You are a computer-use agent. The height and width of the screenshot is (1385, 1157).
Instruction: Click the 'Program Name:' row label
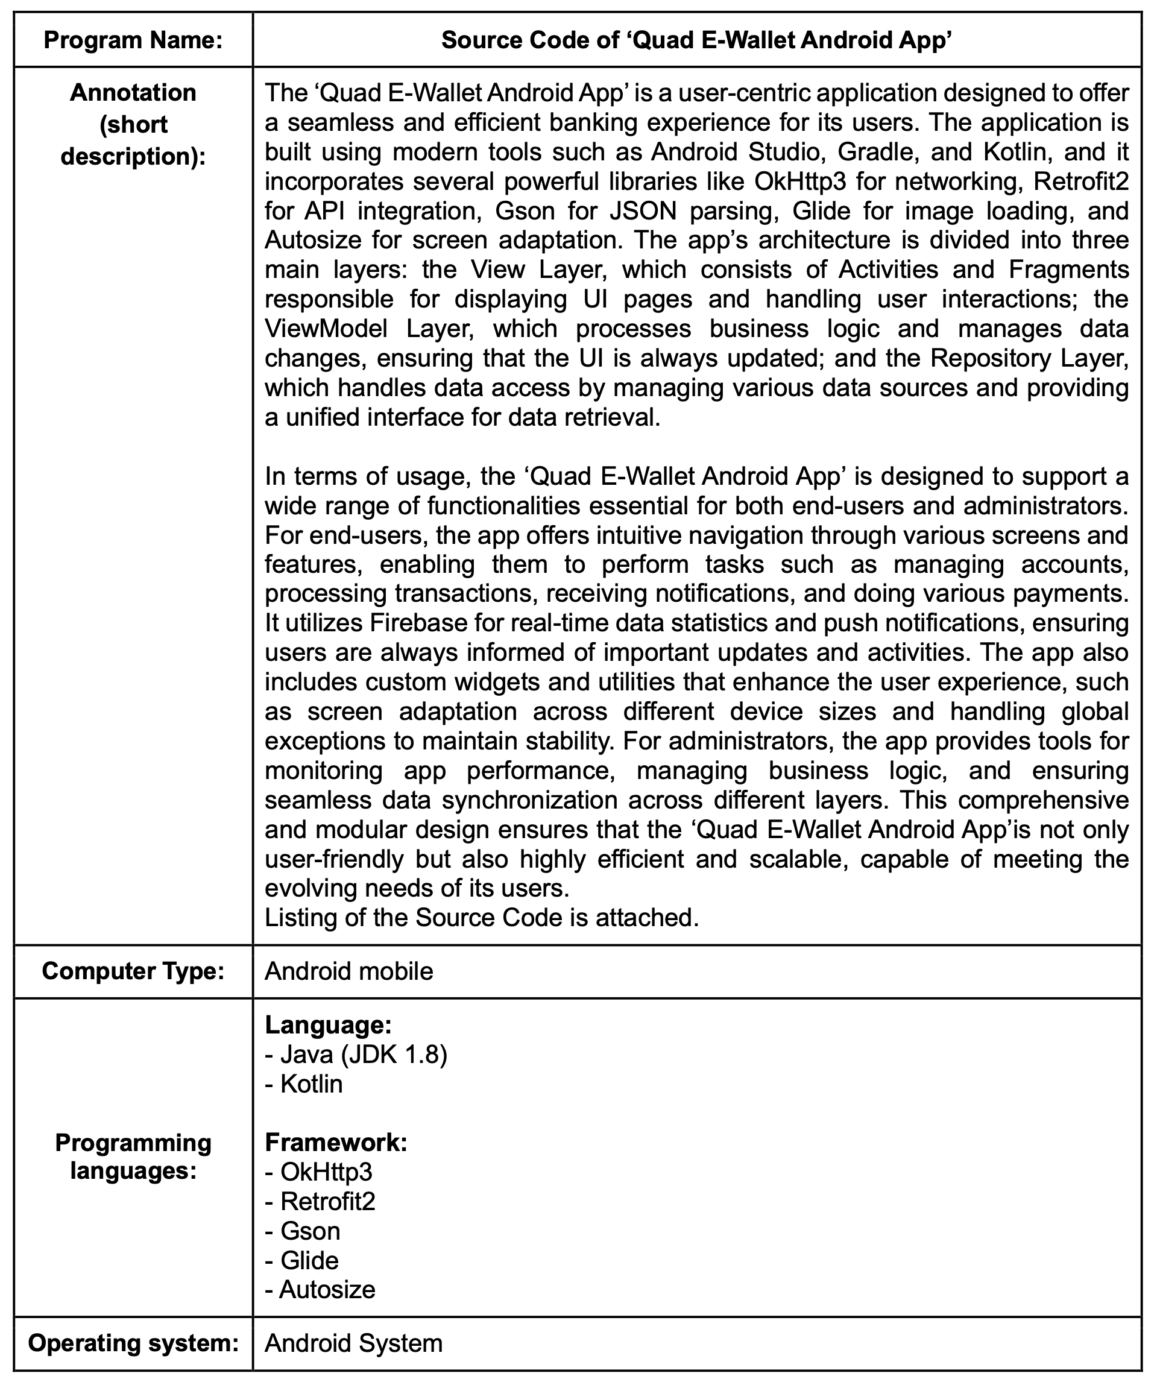click(x=133, y=40)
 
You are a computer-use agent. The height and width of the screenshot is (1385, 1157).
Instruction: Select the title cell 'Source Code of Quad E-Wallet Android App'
click(x=696, y=40)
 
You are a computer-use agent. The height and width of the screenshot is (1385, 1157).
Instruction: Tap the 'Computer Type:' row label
click(x=133, y=971)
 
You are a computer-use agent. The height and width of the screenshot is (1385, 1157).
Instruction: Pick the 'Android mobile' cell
click(x=349, y=971)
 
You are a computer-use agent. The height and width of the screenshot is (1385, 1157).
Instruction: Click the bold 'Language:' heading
click(x=329, y=1025)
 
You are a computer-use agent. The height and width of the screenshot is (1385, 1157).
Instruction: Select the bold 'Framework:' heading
click(x=336, y=1142)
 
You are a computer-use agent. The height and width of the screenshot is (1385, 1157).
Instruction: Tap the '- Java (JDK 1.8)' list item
click(x=356, y=1055)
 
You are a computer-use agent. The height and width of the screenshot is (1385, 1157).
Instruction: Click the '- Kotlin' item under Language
click(x=304, y=1084)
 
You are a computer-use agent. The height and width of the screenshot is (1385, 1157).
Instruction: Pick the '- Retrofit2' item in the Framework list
click(x=320, y=1201)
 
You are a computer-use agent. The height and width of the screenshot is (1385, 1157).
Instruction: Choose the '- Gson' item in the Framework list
click(x=303, y=1231)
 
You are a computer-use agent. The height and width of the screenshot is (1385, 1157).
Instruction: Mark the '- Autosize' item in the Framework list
click(x=320, y=1289)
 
